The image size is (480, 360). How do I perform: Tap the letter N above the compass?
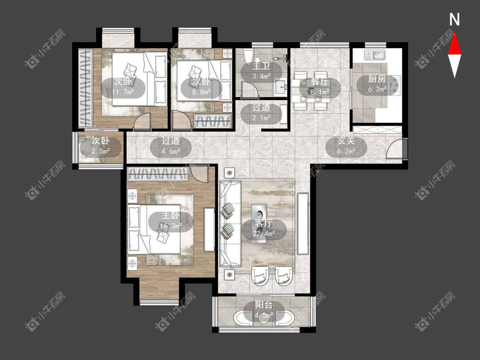[454, 20]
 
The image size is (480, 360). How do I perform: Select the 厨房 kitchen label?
[376, 79]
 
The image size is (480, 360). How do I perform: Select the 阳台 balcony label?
[264, 305]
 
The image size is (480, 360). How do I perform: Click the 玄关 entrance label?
[346, 141]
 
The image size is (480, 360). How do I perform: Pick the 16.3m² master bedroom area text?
[171, 226]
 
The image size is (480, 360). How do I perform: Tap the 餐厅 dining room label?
[320, 82]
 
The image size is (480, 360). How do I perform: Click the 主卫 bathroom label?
[261, 67]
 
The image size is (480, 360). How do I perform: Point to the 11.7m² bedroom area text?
[122, 92]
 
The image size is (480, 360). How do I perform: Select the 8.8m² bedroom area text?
[201, 92]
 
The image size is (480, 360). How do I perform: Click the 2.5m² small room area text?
[100, 151]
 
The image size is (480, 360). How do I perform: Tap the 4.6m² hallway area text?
[171, 151]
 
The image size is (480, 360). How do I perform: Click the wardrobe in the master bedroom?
[158, 174]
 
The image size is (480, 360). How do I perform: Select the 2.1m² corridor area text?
[261, 118]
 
